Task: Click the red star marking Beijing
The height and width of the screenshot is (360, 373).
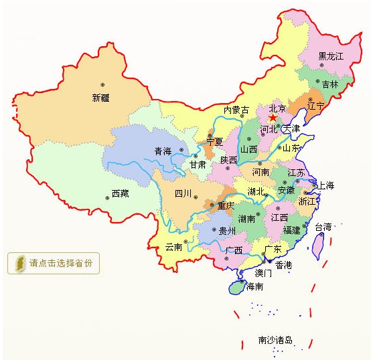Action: click(x=273, y=118)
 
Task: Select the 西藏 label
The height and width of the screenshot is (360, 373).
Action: click(x=120, y=193)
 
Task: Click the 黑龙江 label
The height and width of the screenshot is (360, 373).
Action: click(x=330, y=56)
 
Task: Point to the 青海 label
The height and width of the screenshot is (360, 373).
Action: click(x=163, y=151)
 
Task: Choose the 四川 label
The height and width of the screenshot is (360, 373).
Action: click(x=183, y=193)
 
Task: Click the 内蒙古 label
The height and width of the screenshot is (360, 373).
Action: click(x=236, y=110)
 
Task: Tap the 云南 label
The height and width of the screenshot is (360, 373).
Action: click(x=173, y=247)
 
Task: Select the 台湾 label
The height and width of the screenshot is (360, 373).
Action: click(x=323, y=227)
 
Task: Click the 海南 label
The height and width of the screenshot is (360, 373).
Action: click(x=254, y=286)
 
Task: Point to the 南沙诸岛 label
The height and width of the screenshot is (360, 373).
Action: click(x=275, y=340)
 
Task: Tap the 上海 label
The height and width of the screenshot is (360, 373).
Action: click(x=325, y=185)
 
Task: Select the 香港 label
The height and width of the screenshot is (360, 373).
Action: click(x=283, y=265)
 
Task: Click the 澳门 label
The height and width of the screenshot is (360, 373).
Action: click(x=263, y=273)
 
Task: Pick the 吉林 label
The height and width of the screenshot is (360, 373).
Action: click(x=330, y=84)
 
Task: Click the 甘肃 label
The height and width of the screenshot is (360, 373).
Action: click(x=197, y=164)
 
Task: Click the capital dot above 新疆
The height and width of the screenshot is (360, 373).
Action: click(x=102, y=84)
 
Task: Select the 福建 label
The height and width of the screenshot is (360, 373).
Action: click(x=291, y=230)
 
